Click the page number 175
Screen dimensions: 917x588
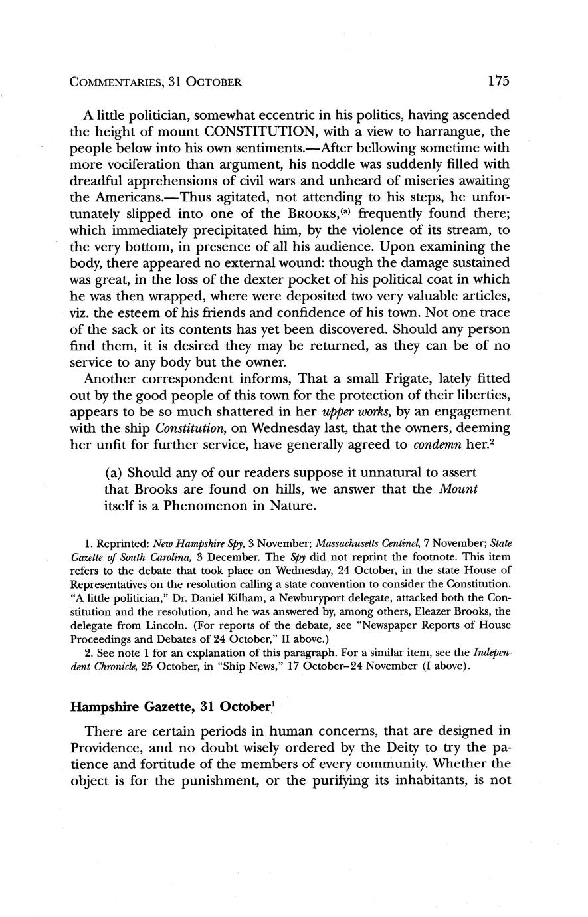point(498,81)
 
